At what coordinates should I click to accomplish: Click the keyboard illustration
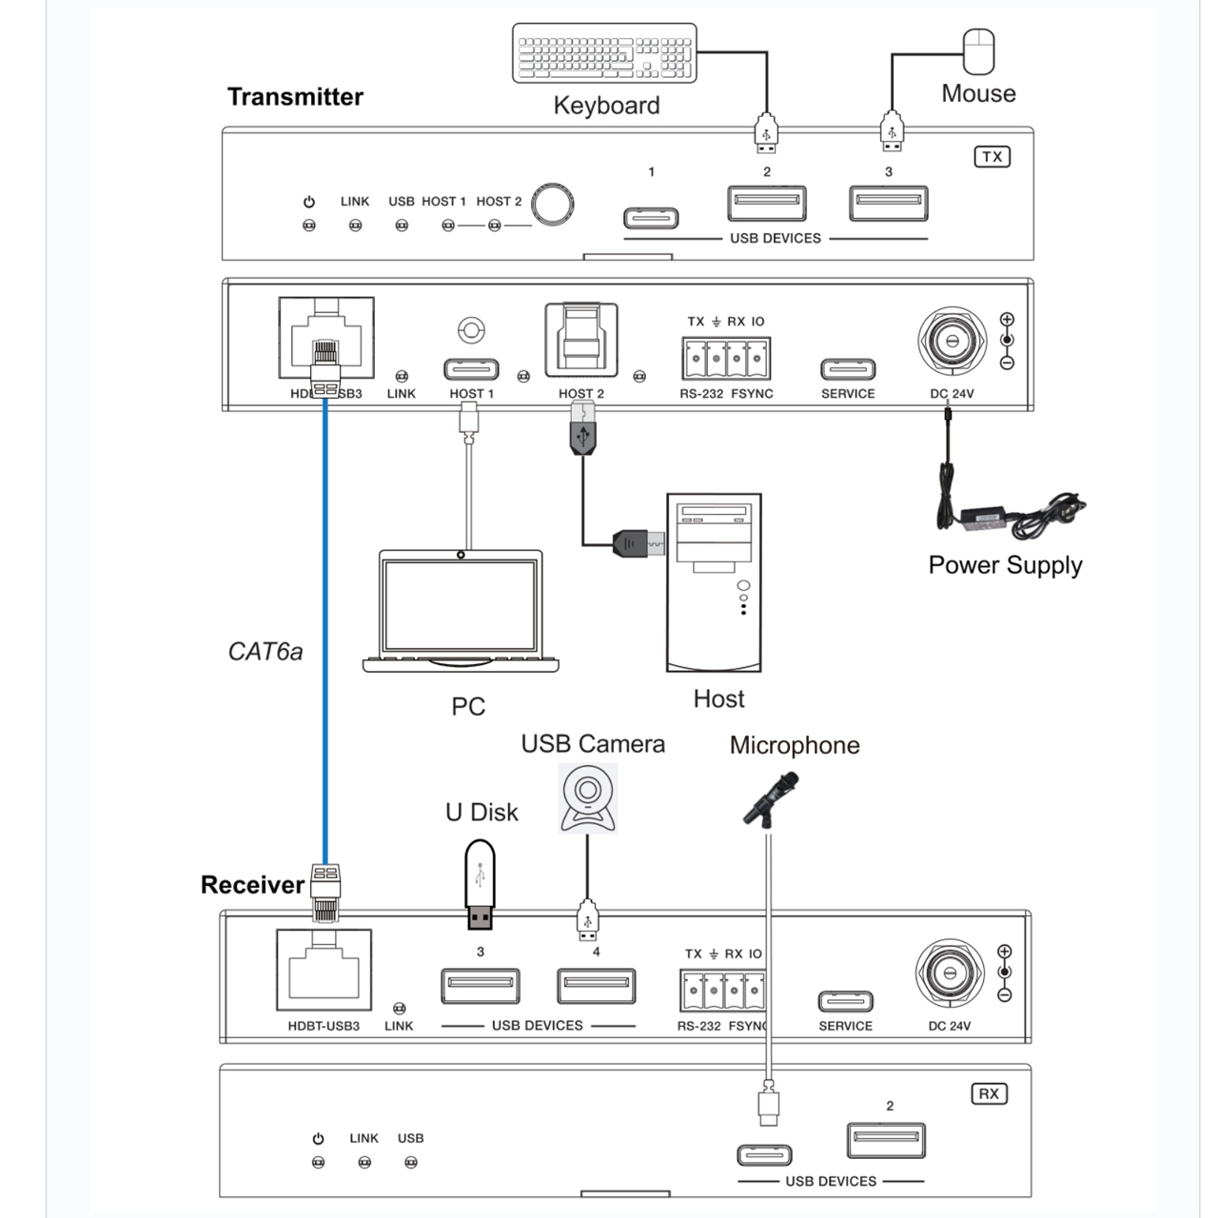click(x=604, y=53)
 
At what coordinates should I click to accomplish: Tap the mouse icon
click(x=978, y=51)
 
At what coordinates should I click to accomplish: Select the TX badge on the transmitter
click(x=992, y=157)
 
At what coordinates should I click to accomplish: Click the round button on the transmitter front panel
click(x=552, y=204)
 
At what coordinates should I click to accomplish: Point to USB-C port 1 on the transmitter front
click(x=651, y=218)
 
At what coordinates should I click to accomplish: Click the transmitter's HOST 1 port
click(x=472, y=368)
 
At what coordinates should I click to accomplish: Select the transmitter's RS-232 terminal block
click(x=726, y=358)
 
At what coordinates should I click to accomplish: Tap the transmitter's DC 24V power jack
click(x=952, y=341)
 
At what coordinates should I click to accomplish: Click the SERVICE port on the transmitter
click(x=848, y=368)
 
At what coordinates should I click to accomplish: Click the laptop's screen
click(x=461, y=605)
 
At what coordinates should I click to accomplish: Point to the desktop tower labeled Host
click(x=714, y=582)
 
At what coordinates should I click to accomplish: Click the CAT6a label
click(x=265, y=652)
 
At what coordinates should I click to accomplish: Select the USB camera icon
click(x=588, y=797)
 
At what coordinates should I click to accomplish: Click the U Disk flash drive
click(x=480, y=884)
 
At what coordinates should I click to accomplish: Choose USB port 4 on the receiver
click(x=596, y=986)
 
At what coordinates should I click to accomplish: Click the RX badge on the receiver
click(x=990, y=1094)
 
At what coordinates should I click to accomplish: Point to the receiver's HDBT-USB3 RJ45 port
click(x=324, y=969)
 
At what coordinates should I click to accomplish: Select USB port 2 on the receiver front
click(x=886, y=1140)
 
